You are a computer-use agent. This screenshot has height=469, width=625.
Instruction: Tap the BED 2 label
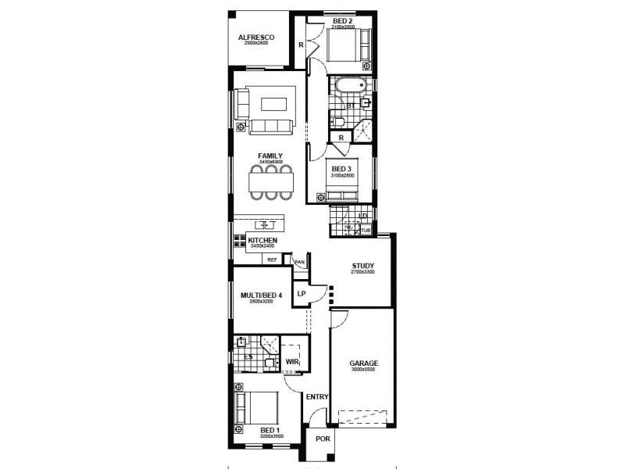point(343,20)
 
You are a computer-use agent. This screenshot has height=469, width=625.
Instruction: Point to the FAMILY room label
point(270,156)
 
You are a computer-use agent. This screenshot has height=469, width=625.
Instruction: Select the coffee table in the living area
point(273,103)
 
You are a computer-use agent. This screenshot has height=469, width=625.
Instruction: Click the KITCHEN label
point(262,240)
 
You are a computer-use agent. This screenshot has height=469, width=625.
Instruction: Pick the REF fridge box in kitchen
point(273,259)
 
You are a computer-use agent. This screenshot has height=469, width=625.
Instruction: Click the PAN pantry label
point(298,263)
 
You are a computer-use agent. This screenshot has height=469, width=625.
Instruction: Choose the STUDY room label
point(363,264)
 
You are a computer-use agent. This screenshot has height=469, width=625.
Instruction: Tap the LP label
point(302,294)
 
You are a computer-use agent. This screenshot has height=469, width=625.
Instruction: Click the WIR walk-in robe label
point(292,362)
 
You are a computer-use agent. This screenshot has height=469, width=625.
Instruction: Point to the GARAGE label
point(363,363)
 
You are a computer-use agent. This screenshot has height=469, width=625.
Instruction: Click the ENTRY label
point(317,397)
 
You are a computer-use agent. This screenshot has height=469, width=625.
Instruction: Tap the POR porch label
point(322,439)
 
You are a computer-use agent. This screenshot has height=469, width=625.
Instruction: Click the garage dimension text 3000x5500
point(363,370)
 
